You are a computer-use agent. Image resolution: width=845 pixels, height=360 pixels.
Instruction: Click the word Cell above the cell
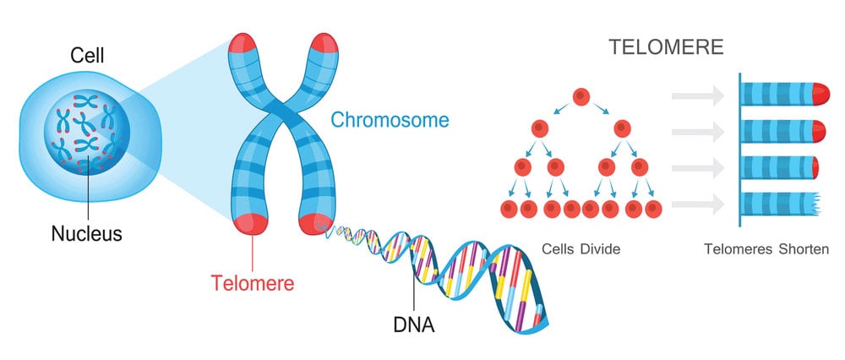click(x=87, y=55)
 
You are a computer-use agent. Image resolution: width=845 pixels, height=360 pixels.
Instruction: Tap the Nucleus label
click(x=87, y=233)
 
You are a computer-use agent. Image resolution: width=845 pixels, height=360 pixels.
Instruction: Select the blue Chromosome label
click(x=390, y=120)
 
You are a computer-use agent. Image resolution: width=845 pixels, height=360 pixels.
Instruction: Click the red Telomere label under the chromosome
click(x=252, y=282)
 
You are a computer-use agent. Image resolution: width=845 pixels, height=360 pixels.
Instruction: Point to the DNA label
click(x=414, y=325)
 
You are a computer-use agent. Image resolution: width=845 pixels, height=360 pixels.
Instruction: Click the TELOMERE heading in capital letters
click(x=666, y=47)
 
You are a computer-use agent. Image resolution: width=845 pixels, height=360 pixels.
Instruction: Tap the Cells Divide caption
click(x=581, y=249)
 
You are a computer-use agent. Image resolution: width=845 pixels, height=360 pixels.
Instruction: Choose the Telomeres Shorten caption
click(x=766, y=249)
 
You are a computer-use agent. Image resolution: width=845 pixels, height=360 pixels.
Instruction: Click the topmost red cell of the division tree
click(x=581, y=97)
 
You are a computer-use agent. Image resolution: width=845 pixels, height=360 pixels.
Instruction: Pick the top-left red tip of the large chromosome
click(x=243, y=43)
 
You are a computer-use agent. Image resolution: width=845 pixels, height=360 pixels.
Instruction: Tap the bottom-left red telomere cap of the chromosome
click(x=250, y=224)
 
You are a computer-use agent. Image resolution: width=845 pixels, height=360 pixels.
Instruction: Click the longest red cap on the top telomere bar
click(x=820, y=94)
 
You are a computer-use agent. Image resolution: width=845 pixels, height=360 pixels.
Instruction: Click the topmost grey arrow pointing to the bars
click(x=697, y=95)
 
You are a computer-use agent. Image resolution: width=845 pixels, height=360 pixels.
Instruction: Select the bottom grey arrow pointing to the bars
click(x=697, y=204)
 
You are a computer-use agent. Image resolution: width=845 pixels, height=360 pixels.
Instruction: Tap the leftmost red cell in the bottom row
click(x=509, y=209)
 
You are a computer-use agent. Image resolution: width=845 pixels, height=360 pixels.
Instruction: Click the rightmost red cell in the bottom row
click(x=653, y=209)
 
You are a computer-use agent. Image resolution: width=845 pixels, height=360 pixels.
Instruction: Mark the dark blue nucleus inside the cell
click(x=87, y=133)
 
